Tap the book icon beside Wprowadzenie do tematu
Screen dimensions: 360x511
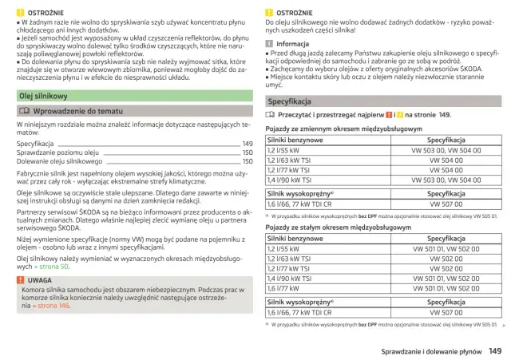pyautogui.click(x=24, y=112)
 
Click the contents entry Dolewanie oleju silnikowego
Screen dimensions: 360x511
pyautogui.click(x=64, y=160)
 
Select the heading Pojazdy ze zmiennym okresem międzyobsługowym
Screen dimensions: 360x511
pyautogui.click(x=334, y=129)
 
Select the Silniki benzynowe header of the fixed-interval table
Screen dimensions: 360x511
pyautogui.click(x=295, y=239)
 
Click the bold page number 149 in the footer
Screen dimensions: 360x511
pyautogui.click(x=494, y=350)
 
